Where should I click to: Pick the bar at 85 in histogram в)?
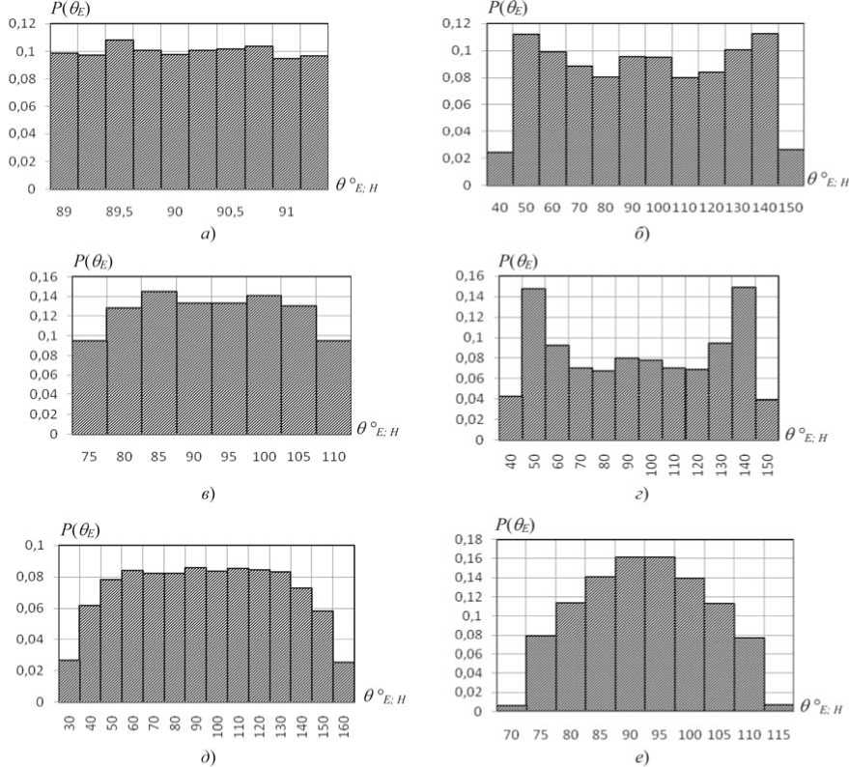[158, 362]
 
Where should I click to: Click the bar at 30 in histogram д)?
[69, 680]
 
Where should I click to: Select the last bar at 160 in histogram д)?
[345, 682]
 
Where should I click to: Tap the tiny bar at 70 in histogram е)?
[512, 708]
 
